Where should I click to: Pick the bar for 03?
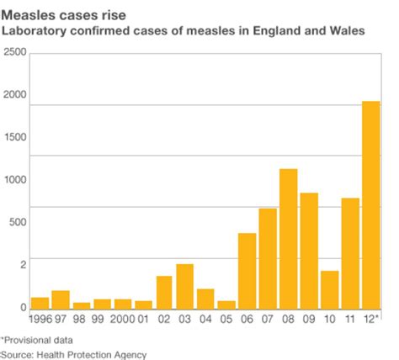184,286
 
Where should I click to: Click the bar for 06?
247,270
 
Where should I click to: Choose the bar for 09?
309,250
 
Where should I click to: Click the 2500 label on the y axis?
14,53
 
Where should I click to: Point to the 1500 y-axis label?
14,138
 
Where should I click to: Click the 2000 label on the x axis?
122,320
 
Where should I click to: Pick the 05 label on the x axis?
226,320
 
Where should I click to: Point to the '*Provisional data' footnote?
36,340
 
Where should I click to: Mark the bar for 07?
268,257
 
